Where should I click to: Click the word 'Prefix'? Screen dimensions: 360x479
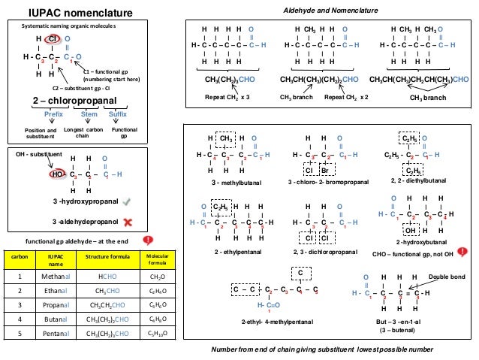coord(53,114)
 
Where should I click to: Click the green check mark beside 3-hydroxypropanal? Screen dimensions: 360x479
coord(126,201)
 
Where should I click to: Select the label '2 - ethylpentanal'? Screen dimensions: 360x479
coord(233,250)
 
